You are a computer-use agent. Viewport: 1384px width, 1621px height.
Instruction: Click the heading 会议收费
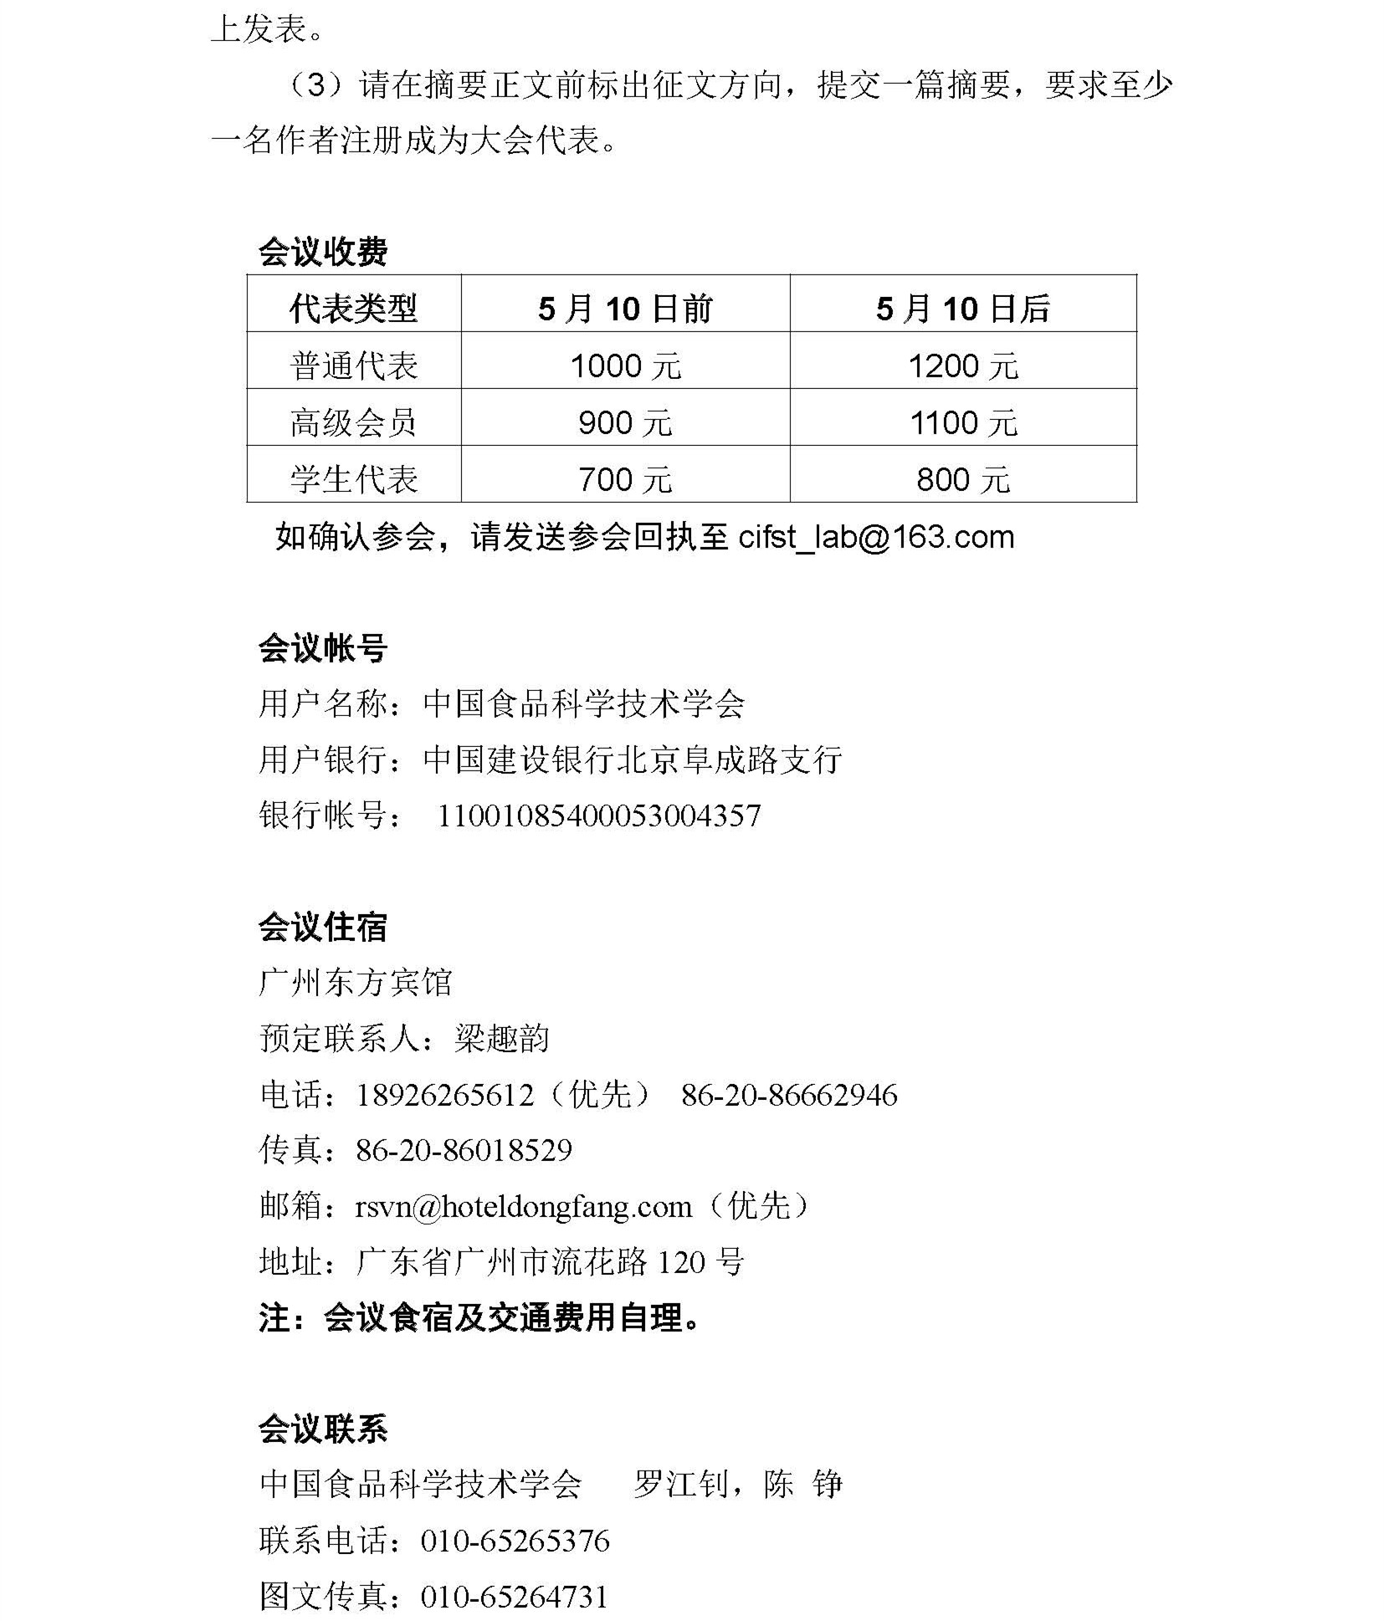pyautogui.click(x=322, y=252)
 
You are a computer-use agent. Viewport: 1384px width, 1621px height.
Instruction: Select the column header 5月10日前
pyautogui.click(x=625, y=309)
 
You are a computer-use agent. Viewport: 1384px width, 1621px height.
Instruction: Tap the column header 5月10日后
pyautogui.click(x=962, y=309)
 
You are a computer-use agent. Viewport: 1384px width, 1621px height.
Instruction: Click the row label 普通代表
pyautogui.click(x=353, y=366)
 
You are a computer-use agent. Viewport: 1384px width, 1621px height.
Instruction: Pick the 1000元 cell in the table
pyautogui.click(x=625, y=366)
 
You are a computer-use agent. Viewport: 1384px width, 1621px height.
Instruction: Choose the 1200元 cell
pyautogui.click(x=962, y=366)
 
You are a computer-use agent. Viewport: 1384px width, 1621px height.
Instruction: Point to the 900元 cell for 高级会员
pyautogui.click(x=625, y=422)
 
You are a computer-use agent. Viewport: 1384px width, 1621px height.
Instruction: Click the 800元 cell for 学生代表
pyautogui.click(x=962, y=479)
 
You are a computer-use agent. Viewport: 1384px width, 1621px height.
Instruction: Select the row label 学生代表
pyautogui.click(x=353, y=479)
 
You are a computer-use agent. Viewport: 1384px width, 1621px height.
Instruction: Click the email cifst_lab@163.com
pyautogui.click(x=876, y=537)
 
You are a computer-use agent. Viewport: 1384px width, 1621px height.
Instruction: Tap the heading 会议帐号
pyautogui.click(x=322, y=648)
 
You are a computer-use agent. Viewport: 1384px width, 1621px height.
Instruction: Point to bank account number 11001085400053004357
pyautogui.click(x=599, y=816)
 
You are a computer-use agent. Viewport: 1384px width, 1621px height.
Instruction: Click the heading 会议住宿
pyautogui.click(x=322, y=927)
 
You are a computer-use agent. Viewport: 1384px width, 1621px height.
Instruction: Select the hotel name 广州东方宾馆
pyautogui.click(x=356, y=982)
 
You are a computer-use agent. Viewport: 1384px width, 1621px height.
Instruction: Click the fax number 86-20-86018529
pyautogui.click(x=464, y=1150)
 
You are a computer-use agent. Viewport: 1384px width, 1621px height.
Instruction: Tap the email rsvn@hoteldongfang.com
pyautogui.click(x=524, y=1206)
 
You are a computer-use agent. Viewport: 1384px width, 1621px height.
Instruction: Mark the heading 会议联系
pyautogui.click(x=322, y=1429)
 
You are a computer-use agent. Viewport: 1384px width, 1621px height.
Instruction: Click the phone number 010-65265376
pyautogui.click(x=515, y=1541)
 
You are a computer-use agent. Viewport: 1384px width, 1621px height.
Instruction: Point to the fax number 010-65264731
pyautogui.click(x=514, y=1596)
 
